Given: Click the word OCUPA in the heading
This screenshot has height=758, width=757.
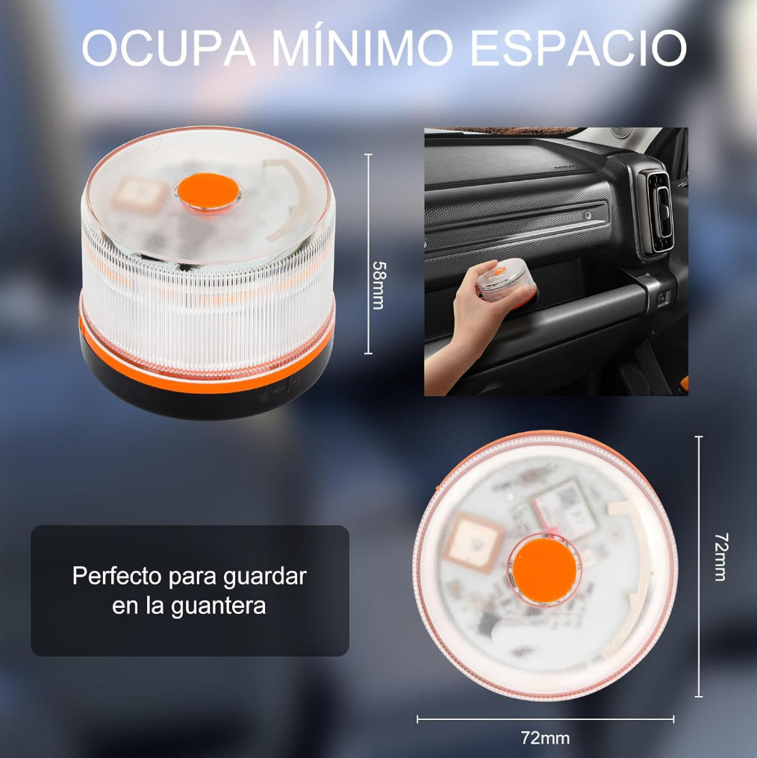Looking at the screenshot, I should pyautogui.click(x=167, y=49).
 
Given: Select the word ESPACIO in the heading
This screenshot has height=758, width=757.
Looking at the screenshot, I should pyautogui.click(x=579, y=49).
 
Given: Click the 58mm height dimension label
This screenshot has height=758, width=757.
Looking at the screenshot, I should pyautogui.click(x=379, y=285).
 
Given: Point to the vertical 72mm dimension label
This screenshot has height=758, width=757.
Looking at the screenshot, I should pyautogui.click(x=720, y=557).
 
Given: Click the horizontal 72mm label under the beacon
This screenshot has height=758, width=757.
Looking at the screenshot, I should pyautogui.click(x=545, y=739).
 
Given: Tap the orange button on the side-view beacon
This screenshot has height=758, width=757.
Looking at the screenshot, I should pyautogui.click(x=208, y=191).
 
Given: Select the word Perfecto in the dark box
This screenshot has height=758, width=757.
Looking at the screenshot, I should pyautogui.click(x=117, y=576).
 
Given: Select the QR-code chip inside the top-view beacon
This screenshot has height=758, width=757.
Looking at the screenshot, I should pyautogui.click(x=570, y=507).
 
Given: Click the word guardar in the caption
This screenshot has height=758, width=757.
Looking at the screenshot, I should pyautogui.click(x=265, y=576).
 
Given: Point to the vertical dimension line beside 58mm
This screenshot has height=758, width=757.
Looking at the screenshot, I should pyautogui.click(x=368, y=254).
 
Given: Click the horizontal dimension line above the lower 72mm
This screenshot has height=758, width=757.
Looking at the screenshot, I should pyautogui.click(x=545, y=719).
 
